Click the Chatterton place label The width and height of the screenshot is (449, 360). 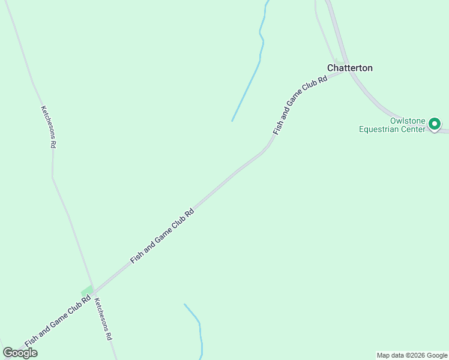click(x=349, y=68)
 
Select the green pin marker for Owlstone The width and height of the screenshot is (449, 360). click(x=435, y=124)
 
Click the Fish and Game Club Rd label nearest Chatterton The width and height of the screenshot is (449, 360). click(x=300, y=104)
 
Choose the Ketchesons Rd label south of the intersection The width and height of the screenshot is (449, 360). click(x=103, y=320)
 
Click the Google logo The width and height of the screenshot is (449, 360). click(x=20, y=353)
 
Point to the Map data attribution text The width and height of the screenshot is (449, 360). click(x=412, y=355)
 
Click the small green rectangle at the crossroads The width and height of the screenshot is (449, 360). click(x=87, y=291)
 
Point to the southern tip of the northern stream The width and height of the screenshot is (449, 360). click(x=232, y=121)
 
